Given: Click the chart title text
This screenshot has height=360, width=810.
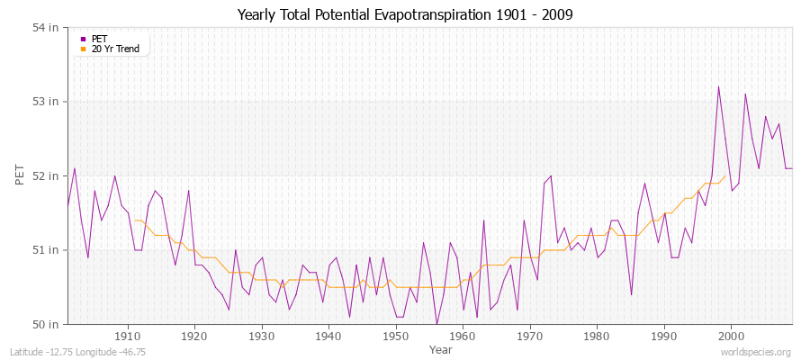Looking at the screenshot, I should click(405, 14).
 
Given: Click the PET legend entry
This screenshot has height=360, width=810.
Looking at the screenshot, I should click(100, 39).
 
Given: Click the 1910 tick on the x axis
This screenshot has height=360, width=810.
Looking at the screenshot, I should click(128, 335).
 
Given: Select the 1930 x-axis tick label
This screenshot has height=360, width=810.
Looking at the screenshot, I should click(262, 335).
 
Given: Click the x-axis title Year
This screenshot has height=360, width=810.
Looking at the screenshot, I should click(441, 348).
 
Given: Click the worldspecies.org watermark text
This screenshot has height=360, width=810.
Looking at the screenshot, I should click(757, 352).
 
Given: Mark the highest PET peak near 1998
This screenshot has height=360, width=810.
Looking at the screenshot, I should click(718, 87).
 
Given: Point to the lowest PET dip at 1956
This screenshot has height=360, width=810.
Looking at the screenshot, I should click(436, 323).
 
